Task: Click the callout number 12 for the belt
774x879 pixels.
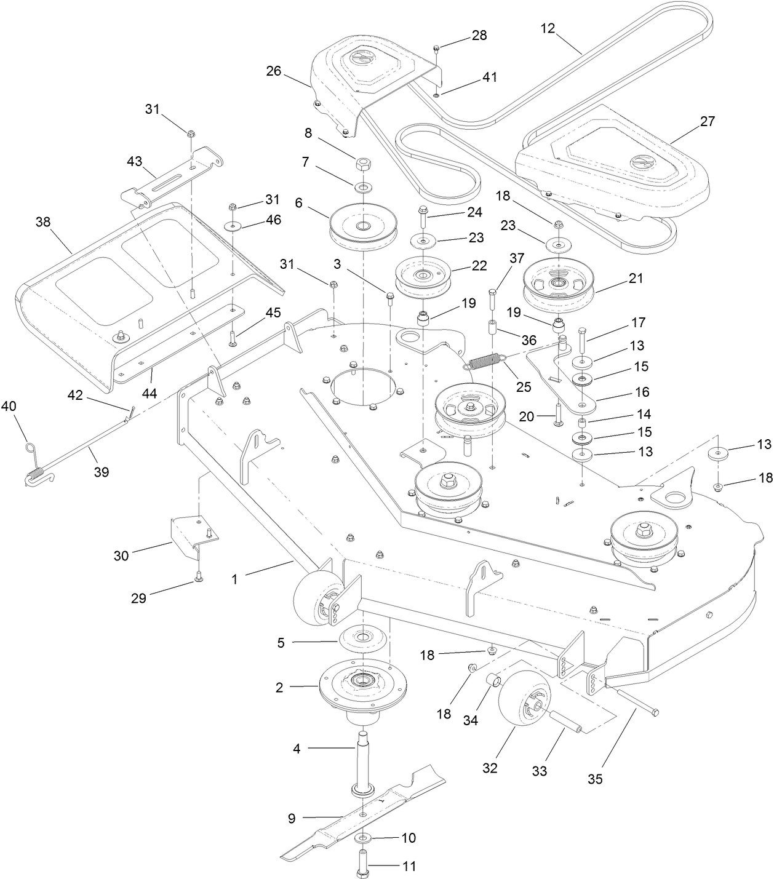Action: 548,28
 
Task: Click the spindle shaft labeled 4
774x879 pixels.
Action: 361,754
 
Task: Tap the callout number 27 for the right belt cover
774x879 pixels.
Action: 708,121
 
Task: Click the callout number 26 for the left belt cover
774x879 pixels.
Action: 273,71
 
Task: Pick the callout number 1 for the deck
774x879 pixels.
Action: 234,579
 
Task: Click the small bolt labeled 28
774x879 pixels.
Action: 436,48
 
